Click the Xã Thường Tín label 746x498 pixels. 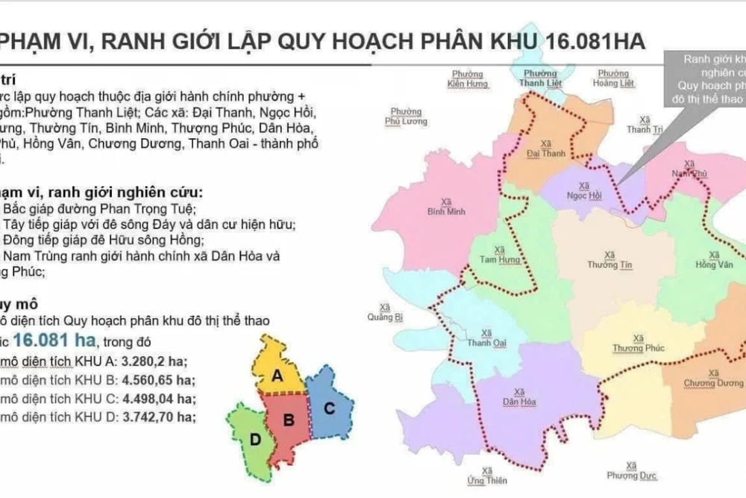click(x=604, y=260)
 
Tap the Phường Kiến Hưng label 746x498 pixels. click(x=468, y=79)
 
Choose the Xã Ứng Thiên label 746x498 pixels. click(x=487, y=475)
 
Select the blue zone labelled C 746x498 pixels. click(x=327, y=408)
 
